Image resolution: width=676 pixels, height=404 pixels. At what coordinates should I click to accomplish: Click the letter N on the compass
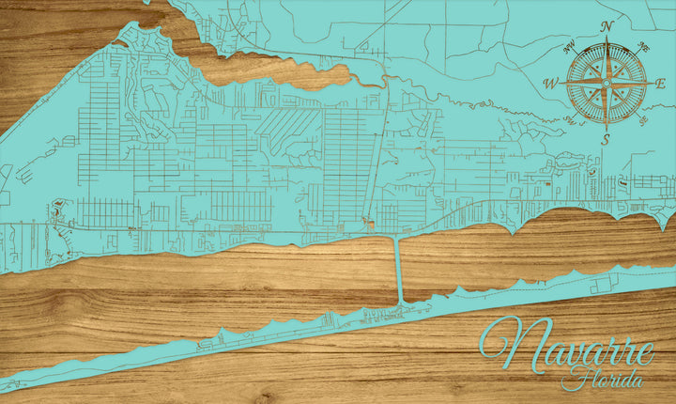coord(607,26)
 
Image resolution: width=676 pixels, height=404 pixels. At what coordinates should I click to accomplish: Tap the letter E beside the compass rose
coord(661,84)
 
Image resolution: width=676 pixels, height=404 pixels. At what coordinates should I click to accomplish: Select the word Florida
coord(602,381)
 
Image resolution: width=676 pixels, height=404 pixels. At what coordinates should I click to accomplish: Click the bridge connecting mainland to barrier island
coord(399,271)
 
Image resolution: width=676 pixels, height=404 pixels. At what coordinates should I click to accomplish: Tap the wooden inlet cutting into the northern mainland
coord(272,70)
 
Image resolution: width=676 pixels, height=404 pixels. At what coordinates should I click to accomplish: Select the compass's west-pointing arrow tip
coord(562,84)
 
